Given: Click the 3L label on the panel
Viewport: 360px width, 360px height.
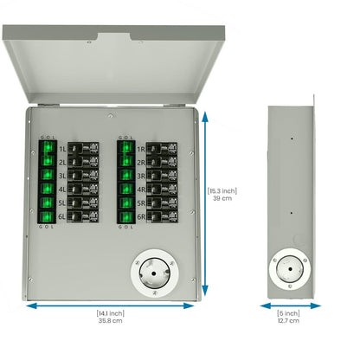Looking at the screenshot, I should [x=62, y=175].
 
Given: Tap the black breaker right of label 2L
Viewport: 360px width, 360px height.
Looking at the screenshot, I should [x=83, y=162].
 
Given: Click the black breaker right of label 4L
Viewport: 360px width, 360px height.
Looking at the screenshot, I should [x=83, y=188].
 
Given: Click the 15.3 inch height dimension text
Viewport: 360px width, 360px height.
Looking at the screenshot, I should [x=222, y=190].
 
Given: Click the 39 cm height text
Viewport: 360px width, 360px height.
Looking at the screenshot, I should [x=222, y=199].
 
